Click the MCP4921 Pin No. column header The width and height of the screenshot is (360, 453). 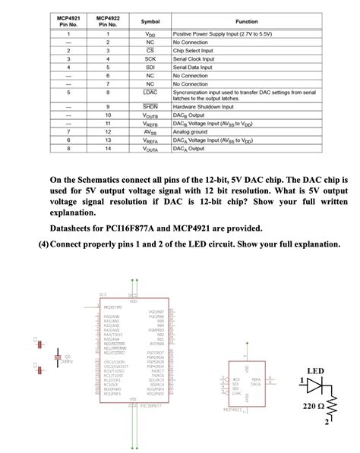pos(68,20)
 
